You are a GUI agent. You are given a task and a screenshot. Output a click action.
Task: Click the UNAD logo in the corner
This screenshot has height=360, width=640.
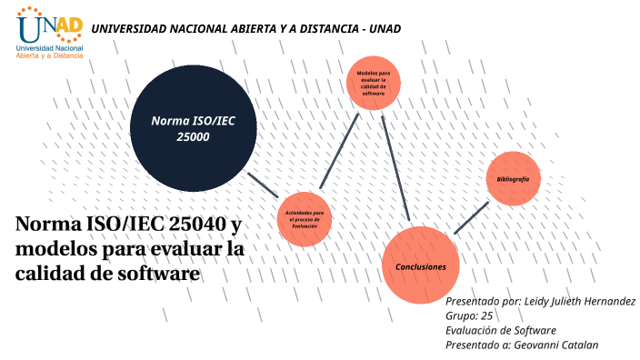[50, 33]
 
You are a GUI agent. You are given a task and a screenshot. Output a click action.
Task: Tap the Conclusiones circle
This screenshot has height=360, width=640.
[420, 265]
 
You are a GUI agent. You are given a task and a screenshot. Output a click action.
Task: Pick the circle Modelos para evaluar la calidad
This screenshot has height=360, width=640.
[374, 82]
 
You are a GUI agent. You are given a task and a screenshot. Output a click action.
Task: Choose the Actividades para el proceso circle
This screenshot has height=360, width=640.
[305, 218]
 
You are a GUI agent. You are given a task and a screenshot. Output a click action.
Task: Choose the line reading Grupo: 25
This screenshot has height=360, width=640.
[469, 315]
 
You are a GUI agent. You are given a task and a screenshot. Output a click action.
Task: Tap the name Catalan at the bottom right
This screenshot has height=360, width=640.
[580, 345]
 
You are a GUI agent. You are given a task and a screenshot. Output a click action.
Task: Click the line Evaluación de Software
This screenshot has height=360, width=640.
[500, 330]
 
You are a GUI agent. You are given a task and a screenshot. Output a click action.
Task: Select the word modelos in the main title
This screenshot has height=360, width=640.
[55, 248]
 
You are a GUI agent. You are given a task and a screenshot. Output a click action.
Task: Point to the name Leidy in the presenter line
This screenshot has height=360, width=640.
[540, 301]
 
